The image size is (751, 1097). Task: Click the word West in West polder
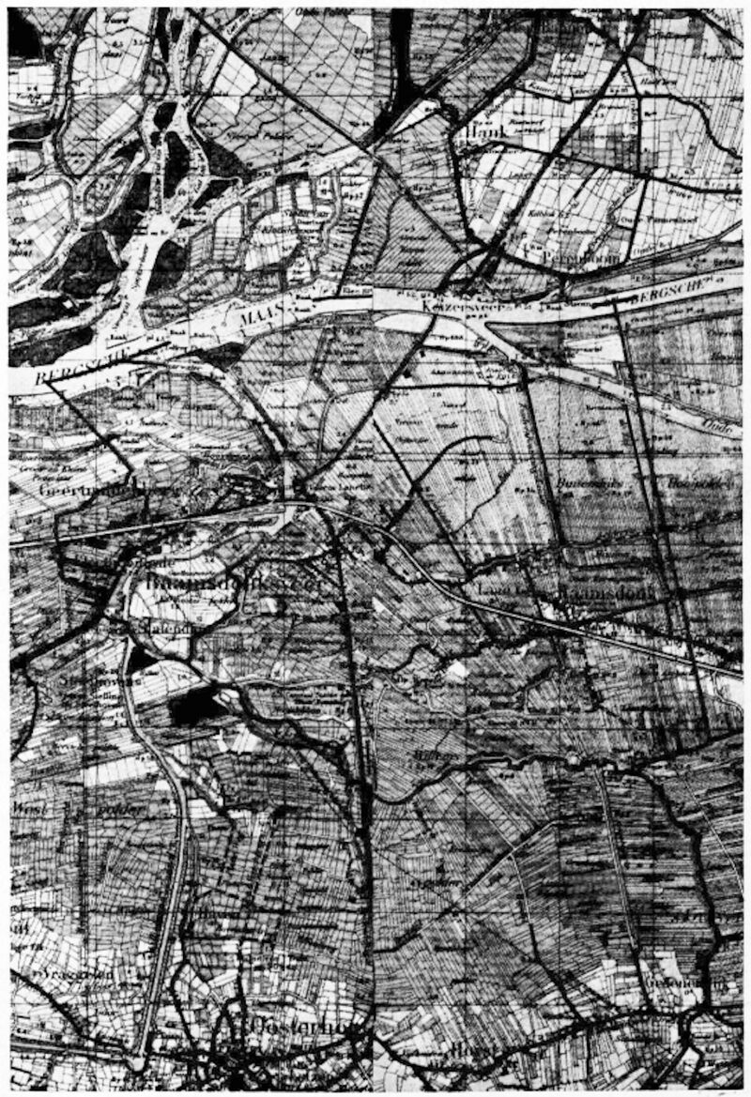point(26,808)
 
